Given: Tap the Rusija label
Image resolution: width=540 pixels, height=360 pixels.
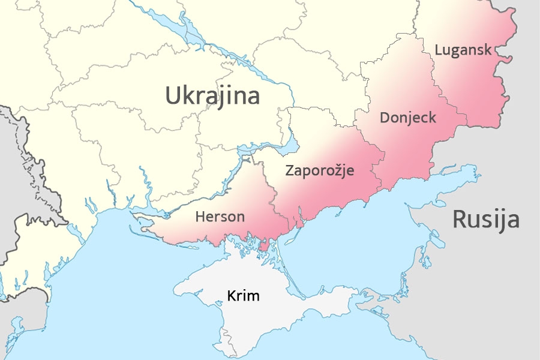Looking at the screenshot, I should tap(485, 220).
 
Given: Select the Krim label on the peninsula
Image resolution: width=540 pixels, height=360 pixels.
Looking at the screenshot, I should tap(243, 296).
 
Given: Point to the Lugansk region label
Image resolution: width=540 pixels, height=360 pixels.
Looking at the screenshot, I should tap(463, 50).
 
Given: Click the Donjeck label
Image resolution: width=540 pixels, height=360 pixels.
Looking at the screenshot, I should tap(408, 118).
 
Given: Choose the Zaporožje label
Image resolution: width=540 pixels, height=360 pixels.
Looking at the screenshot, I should tap(319, 170).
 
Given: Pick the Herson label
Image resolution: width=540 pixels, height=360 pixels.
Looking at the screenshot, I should tap(220, 217).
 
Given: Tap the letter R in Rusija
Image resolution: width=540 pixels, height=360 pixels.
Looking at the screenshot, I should tap(460, 220).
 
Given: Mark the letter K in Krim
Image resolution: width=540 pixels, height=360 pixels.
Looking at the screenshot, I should tap(231, 296).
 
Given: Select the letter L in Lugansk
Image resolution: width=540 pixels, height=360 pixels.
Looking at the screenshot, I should tap(439, 50).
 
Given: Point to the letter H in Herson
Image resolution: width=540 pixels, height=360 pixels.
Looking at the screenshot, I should tap(200, 217).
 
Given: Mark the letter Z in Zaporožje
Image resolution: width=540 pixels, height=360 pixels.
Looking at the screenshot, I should tap(289, 170).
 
